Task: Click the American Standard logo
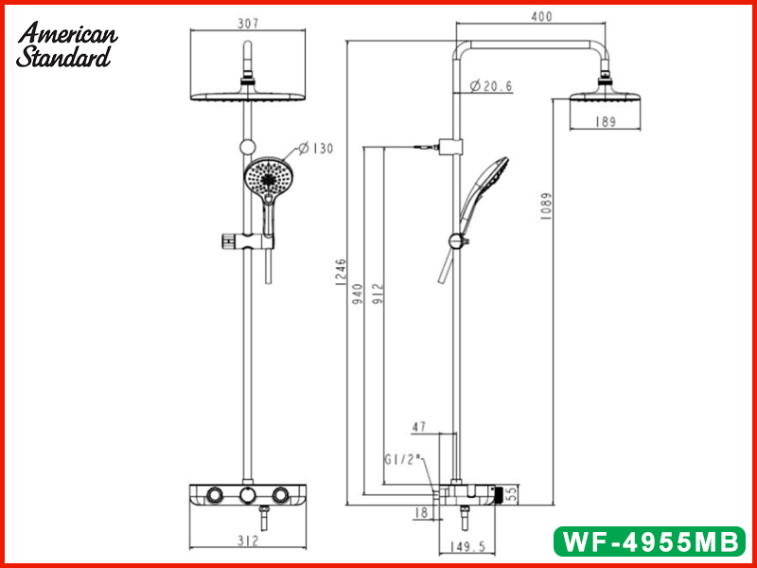click(x=67, y=45)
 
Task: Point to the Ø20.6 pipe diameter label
click(x=491, y=86)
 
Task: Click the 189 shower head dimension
click(x=606, y=121)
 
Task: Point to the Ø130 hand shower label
click(x=316, y=148)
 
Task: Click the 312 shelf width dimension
click(x=249, y=541)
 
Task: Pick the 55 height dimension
click(x=509, y=493)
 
